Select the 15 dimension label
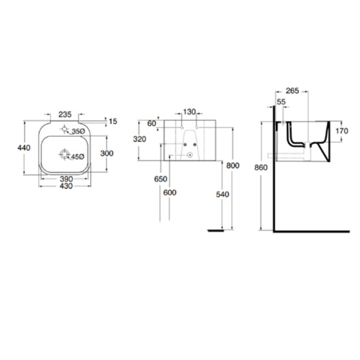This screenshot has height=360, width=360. tap(112, 120)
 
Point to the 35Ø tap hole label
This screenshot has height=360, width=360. tap(77, 132)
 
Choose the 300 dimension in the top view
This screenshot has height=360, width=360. tap(107, 153)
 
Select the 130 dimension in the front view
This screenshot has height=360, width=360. tap(189, 112)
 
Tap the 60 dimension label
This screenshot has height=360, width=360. tap(150, 123)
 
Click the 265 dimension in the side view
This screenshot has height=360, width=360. tap(292, 91)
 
